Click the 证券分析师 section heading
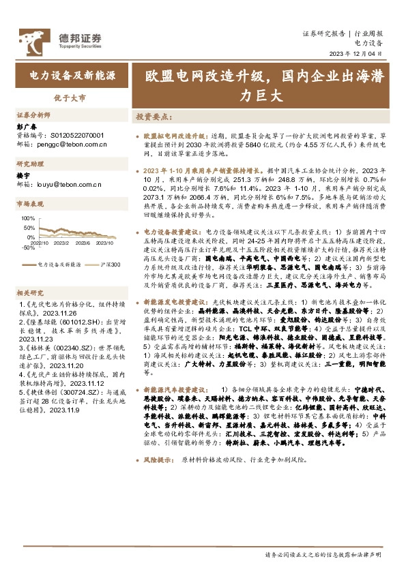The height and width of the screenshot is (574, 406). pos(33,115)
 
